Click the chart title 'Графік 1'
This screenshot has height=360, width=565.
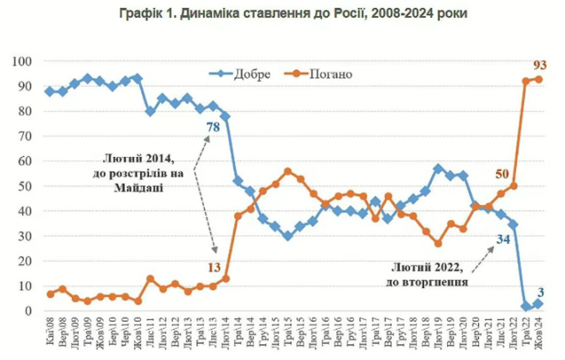[x=293, y=14]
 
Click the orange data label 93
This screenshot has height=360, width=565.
[x=539, y=65]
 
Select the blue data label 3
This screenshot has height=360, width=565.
[x=541, y=292]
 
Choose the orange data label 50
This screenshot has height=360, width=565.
[x=502, y=174]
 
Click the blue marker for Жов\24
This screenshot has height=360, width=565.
[x=538, y=304]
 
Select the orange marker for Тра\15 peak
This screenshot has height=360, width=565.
[x=288, y=171]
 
